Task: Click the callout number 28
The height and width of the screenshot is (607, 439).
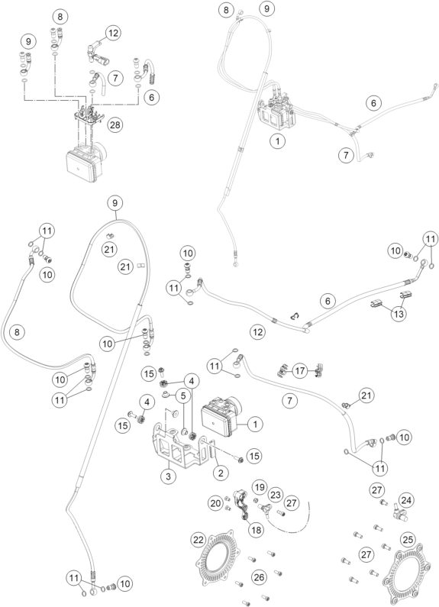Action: pos(115,124)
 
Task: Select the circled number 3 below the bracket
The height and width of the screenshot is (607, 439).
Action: pos(169,476)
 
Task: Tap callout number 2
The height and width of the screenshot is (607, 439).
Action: pos(221,473)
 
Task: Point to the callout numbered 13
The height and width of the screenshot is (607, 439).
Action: pos(399,314)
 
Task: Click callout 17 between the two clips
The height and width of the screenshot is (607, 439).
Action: pos(300,370)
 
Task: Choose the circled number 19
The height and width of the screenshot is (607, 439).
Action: pos(260,487)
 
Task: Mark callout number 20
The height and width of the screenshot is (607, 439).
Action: pos(215,503)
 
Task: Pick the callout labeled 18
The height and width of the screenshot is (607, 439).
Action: pos(257,529)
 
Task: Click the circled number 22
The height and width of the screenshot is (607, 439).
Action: pos(199,540)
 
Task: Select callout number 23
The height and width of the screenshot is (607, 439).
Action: pos(276,495)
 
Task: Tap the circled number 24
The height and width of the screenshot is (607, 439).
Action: pos(406,501)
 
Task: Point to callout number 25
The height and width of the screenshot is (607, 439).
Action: pos(408,539)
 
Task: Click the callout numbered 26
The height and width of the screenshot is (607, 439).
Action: pos(259,577)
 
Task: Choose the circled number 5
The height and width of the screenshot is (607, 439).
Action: pos(182,396)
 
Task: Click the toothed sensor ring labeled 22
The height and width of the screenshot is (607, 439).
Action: pos(215,560)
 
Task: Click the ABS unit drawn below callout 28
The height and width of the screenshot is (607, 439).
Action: pos(86,163)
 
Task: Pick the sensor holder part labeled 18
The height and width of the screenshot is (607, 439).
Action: pos(242,503)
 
